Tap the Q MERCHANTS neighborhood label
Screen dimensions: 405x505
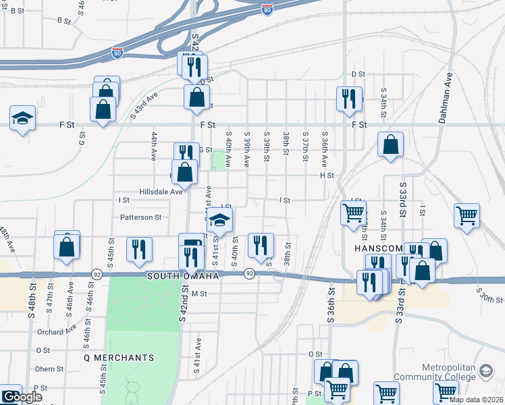119,357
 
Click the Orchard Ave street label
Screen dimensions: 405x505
57,331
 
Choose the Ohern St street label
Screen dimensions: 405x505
50,369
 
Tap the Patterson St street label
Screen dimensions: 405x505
141,217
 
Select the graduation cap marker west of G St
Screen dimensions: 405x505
22,118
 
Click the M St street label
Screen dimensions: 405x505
198,294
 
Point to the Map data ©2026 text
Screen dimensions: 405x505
476,400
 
